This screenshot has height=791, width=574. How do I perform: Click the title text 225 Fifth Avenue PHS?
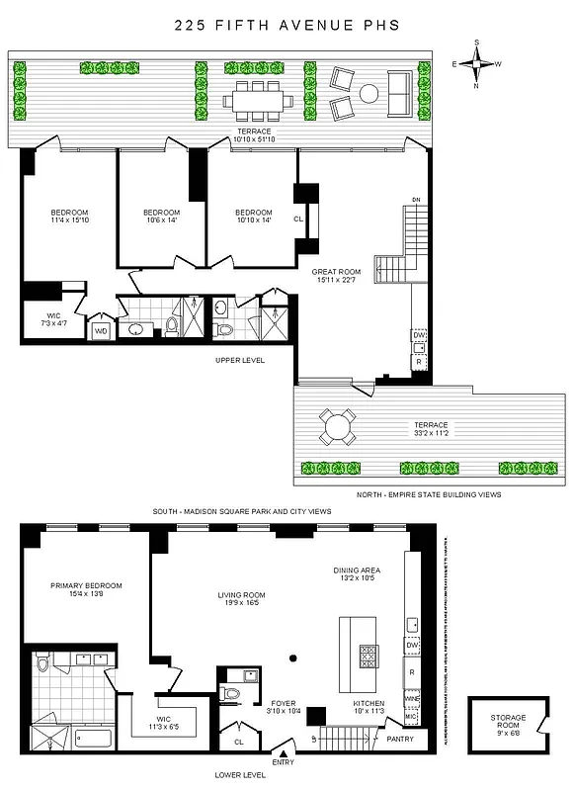287,27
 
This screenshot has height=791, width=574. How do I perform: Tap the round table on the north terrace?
339,427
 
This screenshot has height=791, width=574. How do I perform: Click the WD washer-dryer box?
101,330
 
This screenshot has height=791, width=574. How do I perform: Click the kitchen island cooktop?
367,656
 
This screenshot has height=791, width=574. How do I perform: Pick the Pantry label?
400,737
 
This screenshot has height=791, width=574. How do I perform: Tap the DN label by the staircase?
416,199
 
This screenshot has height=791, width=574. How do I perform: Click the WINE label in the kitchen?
413,699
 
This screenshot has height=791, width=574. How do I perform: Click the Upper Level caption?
240,360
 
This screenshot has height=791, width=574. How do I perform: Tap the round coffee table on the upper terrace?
369,94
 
